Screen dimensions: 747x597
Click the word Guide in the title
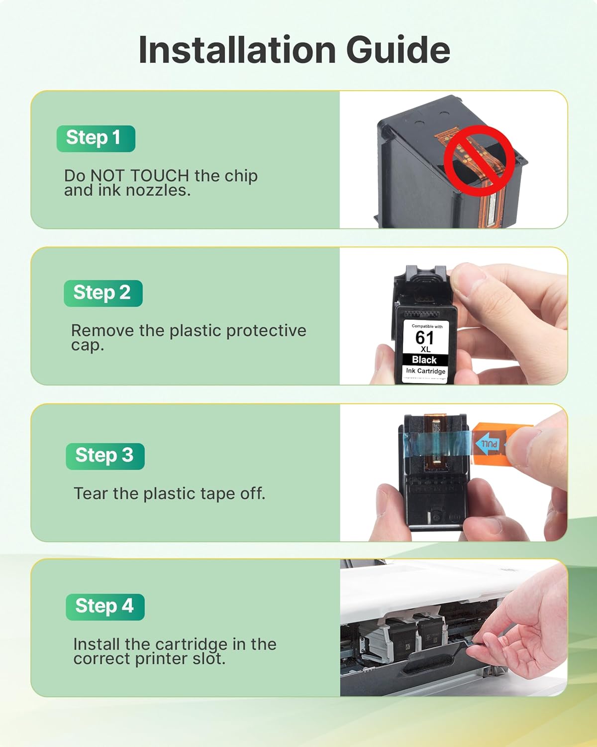[398, 50]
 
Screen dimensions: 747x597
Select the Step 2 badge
[103, 293]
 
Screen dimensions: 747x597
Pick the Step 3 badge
[105, 456]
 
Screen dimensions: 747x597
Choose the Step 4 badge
[105, 607]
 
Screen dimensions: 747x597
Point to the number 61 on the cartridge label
[424, 338]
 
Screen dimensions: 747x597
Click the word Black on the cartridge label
[424, 360]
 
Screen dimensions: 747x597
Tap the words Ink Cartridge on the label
[425, 371]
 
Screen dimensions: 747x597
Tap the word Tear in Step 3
[91, 494]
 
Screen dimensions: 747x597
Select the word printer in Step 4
[162, 659]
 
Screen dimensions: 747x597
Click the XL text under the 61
[425, 350]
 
